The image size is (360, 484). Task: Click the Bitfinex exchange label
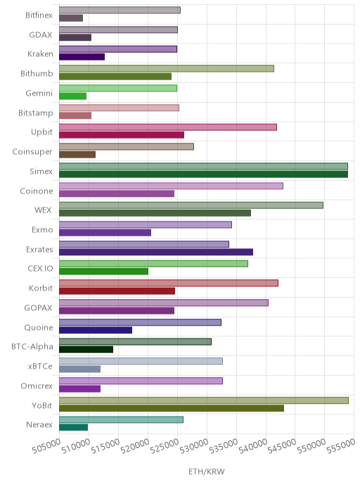39,15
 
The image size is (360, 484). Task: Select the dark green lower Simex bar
203,174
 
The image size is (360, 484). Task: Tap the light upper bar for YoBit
204,400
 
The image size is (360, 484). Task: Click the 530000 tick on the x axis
194,446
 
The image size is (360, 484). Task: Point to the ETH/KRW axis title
207,471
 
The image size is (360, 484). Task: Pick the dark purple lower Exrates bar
156,252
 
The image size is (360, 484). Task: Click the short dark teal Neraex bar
73,428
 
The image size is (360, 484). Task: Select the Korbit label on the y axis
41,288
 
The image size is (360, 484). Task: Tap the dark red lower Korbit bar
117,291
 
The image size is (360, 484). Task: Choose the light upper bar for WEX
191,205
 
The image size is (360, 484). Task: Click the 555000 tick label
341,446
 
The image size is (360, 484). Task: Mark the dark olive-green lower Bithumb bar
115,77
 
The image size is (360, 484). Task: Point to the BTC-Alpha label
32,347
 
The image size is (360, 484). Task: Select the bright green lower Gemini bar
73,96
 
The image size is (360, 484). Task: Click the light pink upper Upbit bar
168,127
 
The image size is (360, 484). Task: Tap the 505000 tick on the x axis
46,446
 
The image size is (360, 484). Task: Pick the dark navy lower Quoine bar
96,330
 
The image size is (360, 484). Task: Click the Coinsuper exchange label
32,152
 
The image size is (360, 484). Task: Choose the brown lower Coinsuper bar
77,155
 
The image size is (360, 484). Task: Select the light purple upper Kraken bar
118,49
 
